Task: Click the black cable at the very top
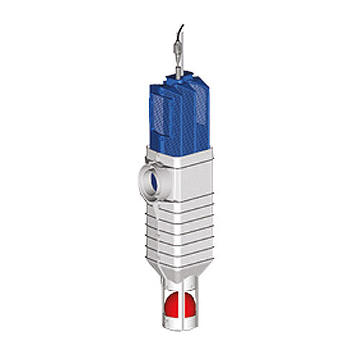tap(179, 32)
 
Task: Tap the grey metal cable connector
tap(177, 54)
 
